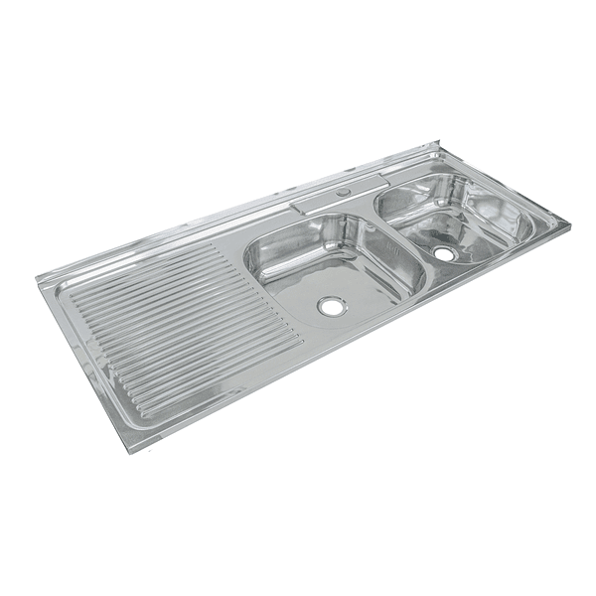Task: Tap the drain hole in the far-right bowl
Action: [444, 254]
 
